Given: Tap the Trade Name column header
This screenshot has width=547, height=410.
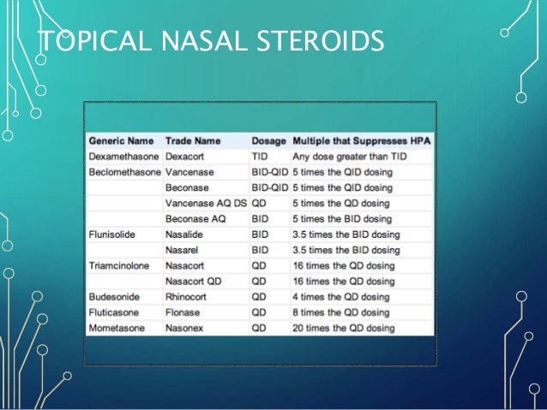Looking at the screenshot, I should (x=193, y=140).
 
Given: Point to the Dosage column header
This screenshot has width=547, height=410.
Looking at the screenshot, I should (x=268, y=140).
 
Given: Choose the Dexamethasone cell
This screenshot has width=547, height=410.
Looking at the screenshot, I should (x=123, y=157).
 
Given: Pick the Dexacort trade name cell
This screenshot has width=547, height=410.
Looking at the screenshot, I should (x=187, y=157).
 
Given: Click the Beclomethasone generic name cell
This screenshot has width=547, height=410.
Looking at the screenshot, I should (x=124, y=172).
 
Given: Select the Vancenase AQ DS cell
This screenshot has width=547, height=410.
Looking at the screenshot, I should (x=204, y=203).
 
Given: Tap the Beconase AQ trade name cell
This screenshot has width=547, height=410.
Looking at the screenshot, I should (x=194, y=218).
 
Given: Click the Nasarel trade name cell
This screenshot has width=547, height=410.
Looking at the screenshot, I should (x=184, y=250).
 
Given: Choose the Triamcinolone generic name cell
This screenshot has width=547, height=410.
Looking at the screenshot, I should (x=120, y=265).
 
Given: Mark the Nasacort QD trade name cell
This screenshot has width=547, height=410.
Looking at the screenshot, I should (x=195, y=281).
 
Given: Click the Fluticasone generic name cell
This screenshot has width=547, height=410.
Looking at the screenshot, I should (x=116, y=312).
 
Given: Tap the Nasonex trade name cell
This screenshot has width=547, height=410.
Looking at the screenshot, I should (x=186, y=328).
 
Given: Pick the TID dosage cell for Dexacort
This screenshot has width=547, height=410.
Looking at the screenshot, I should (x=260, y=157).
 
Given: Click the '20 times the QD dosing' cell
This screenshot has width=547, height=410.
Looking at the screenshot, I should (x=344, y=328).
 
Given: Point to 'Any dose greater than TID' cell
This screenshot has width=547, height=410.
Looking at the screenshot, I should (x=349, y=157).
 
